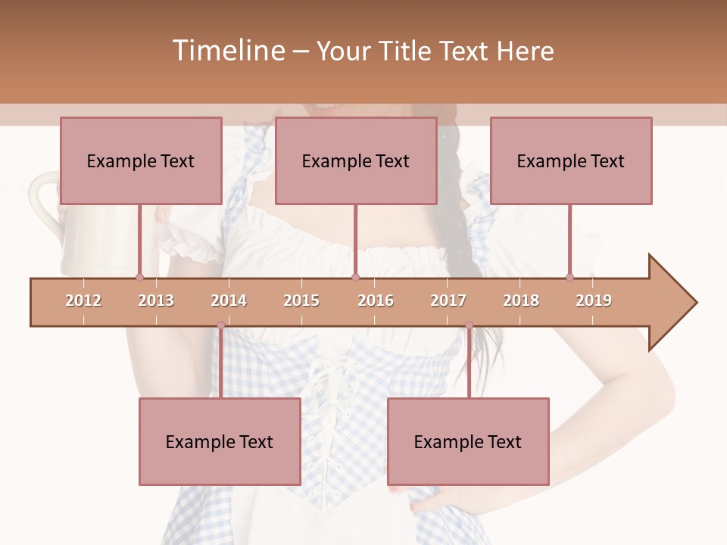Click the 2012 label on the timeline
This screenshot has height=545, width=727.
[x=83, y=301]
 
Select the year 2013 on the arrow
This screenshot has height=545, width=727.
[x=156, y=301]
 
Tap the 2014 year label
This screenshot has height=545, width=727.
[x=229, y=301]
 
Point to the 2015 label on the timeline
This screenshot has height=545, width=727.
[x=301, y=301]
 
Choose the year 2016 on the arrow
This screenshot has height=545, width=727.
[x=376, y=301]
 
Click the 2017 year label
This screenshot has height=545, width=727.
[x=448, y=301]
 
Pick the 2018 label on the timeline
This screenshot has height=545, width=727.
[x=521, y=301]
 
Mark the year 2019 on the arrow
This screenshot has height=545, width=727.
[x=594, y=301]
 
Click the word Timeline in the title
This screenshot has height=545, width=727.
[x=227, y=51]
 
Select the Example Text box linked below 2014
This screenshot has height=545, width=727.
[x=220, y=441]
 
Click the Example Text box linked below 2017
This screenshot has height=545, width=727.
[x=468, y=441]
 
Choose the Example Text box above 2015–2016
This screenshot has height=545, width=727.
[x=356, y=160]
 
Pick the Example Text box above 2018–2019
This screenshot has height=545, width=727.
[x=571, y=160]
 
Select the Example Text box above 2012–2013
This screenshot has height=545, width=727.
[x=141, y=160]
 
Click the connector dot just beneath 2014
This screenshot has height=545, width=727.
[x=220, y=325]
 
